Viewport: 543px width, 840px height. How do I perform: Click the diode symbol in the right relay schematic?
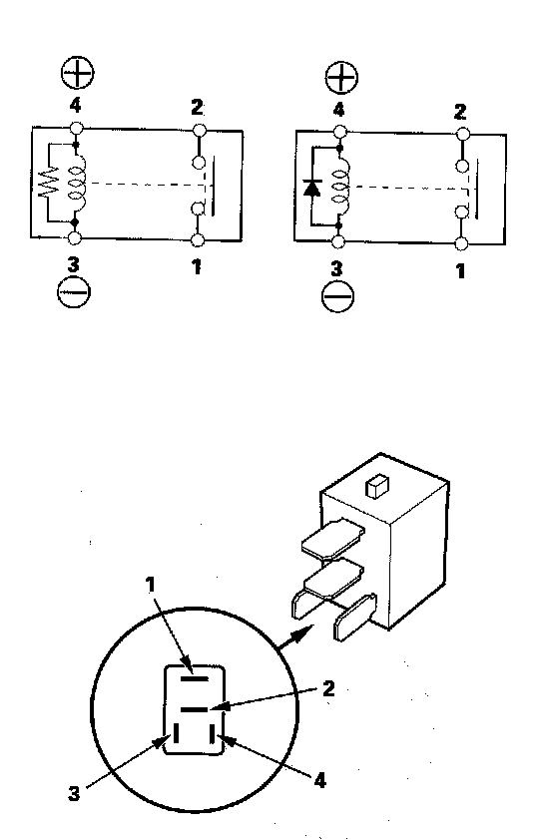pos(312,188)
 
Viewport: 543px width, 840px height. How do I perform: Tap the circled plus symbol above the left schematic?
pos(77,73)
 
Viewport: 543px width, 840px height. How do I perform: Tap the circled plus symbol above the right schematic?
pos(341,77)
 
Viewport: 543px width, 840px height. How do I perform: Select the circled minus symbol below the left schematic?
pos(74,292)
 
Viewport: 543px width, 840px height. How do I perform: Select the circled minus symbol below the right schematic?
pos(338,296)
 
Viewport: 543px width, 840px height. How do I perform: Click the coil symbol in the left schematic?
pos(77,184)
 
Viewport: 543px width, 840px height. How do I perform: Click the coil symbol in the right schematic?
pos(340,187)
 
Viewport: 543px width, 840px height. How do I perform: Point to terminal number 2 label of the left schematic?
pos(198,108)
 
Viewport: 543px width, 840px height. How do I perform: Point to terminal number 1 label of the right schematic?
pos(460,271)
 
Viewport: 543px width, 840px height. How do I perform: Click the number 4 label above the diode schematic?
pos(338,110)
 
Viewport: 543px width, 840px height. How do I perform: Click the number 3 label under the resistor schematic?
pos(74,264)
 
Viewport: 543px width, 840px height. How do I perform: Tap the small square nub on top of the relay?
pos(377,486)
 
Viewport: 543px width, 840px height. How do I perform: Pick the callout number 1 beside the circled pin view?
pos(151,585)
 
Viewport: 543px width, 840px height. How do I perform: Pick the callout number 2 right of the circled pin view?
pos(328,688)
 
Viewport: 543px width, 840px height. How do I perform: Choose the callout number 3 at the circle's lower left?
pos(74,793)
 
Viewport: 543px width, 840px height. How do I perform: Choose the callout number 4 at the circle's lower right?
pos(319,780)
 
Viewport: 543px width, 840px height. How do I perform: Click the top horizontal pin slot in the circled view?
pos(194,678)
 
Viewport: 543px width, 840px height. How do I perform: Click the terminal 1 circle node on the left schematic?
pos(198,240)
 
